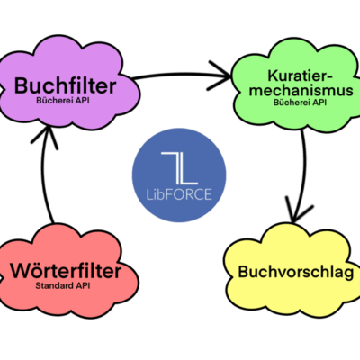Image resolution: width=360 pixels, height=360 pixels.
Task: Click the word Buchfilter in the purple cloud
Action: (65, 85)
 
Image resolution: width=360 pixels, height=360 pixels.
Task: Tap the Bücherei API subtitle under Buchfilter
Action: (63, 101)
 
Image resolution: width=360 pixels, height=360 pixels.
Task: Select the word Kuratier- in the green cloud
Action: (301, 76)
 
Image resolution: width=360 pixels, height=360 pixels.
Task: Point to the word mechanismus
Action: (301, 90)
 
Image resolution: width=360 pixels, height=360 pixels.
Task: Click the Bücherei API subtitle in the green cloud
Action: (300, 103)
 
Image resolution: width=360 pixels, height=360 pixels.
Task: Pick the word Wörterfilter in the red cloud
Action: (66, 270)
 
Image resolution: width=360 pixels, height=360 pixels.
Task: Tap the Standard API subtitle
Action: (63, 285)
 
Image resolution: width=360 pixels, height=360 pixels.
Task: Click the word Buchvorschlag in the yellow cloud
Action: (296, 273)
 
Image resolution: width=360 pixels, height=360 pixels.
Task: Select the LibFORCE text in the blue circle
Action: (179, 194)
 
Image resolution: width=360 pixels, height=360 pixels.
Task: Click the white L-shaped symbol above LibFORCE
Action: (180, 168)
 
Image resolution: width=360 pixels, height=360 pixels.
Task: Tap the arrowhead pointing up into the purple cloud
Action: (45, 137)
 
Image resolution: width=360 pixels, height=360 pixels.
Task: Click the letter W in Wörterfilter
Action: (21, 271)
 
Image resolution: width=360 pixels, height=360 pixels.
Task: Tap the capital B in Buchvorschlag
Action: (244, 272)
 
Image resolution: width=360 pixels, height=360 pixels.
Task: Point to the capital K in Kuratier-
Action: (274, 76)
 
